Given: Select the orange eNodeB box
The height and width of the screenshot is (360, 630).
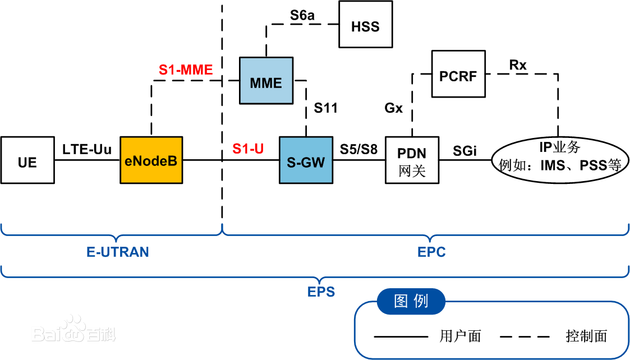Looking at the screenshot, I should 151,160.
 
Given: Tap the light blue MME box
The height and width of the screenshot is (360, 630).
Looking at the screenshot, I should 266,80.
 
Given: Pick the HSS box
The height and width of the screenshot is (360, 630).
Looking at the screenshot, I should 365,25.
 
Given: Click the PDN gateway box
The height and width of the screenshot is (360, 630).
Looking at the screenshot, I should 412,160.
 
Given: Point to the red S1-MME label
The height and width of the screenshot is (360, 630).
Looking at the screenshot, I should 186,70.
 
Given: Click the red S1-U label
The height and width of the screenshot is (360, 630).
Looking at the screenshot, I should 249,149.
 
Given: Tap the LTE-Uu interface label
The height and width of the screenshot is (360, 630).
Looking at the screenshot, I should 87,149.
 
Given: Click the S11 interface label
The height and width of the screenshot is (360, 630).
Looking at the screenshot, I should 325,108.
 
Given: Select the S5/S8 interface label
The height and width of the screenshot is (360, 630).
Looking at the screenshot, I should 358,149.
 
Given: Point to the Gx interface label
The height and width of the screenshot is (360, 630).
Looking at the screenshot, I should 393,108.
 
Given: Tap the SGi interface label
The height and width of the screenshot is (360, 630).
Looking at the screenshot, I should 465,150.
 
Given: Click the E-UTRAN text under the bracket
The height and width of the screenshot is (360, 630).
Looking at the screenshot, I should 118,252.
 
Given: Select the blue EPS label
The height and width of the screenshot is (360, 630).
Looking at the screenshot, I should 321,292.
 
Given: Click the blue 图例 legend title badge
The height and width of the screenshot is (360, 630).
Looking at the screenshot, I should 411,301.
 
